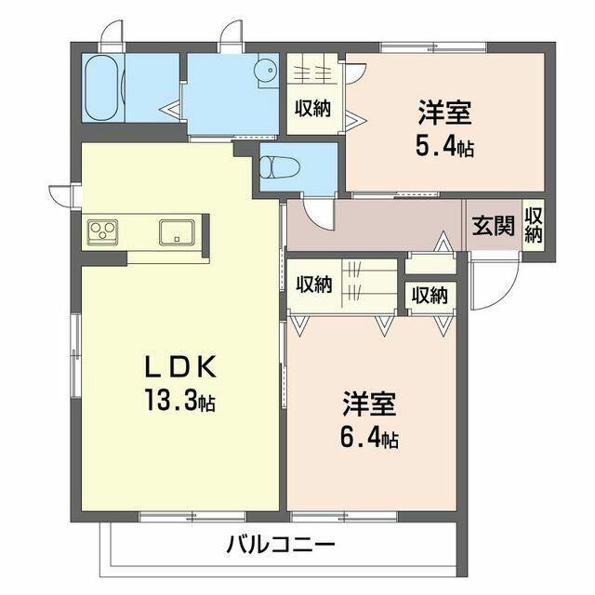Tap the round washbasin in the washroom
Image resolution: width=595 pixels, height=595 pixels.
[265, 68]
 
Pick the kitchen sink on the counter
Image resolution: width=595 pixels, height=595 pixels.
[173, 231]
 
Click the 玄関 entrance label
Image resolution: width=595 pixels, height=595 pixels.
[493, 225]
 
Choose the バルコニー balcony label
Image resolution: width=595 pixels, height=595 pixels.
[279, 545]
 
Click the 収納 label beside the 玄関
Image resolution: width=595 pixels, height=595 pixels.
[533, 225]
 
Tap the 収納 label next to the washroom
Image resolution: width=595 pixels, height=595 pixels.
[311, 108]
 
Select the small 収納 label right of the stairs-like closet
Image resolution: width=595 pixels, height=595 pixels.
[429, 296]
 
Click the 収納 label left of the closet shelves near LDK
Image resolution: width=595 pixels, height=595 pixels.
[313, 284]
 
